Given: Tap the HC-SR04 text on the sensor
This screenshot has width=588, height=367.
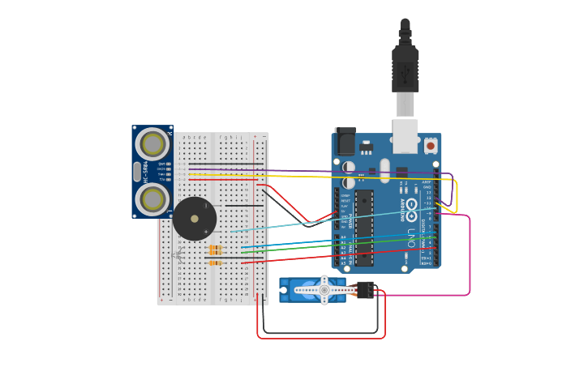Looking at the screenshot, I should [144, 173].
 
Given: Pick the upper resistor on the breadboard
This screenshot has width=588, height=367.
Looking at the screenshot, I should [216, 249].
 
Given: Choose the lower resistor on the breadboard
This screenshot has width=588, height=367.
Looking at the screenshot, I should [216, 262].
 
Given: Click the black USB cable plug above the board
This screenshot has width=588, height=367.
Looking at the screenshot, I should [405, 69].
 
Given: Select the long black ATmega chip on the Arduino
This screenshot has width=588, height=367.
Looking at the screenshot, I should [363, 227].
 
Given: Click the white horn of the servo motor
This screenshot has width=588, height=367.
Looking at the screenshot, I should [324, 290].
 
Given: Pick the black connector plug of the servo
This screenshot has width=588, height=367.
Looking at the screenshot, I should [364, 290].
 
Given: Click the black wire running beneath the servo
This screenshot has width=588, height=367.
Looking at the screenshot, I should [324, 333].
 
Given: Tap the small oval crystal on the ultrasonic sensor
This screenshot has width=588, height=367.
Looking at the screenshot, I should [135, 172].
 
